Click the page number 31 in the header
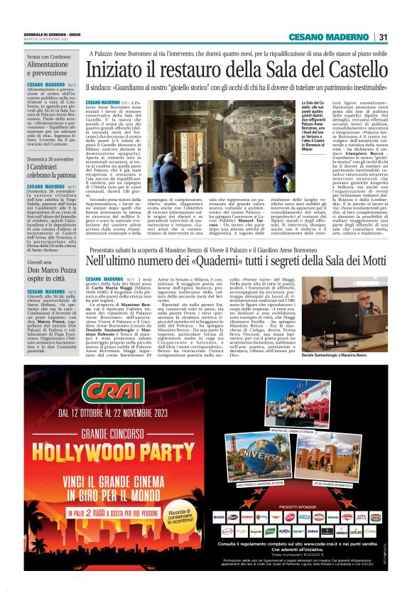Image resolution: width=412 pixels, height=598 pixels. tap(382, 37)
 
